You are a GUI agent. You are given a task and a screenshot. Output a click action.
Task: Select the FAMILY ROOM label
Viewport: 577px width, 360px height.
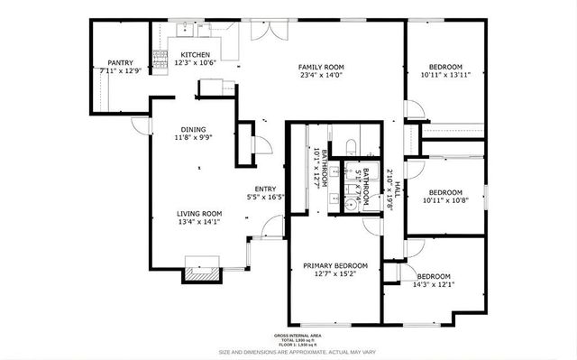click(321, 66)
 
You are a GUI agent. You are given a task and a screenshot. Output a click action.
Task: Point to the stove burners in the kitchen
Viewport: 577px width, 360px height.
click(160, 60)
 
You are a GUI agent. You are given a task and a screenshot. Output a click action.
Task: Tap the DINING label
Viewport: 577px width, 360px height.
click(193, 129)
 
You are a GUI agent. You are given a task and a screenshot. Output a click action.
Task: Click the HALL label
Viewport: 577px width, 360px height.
click(397, 189)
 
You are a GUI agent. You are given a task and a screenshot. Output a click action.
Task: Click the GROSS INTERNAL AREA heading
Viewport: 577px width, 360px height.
click(322, 335)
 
